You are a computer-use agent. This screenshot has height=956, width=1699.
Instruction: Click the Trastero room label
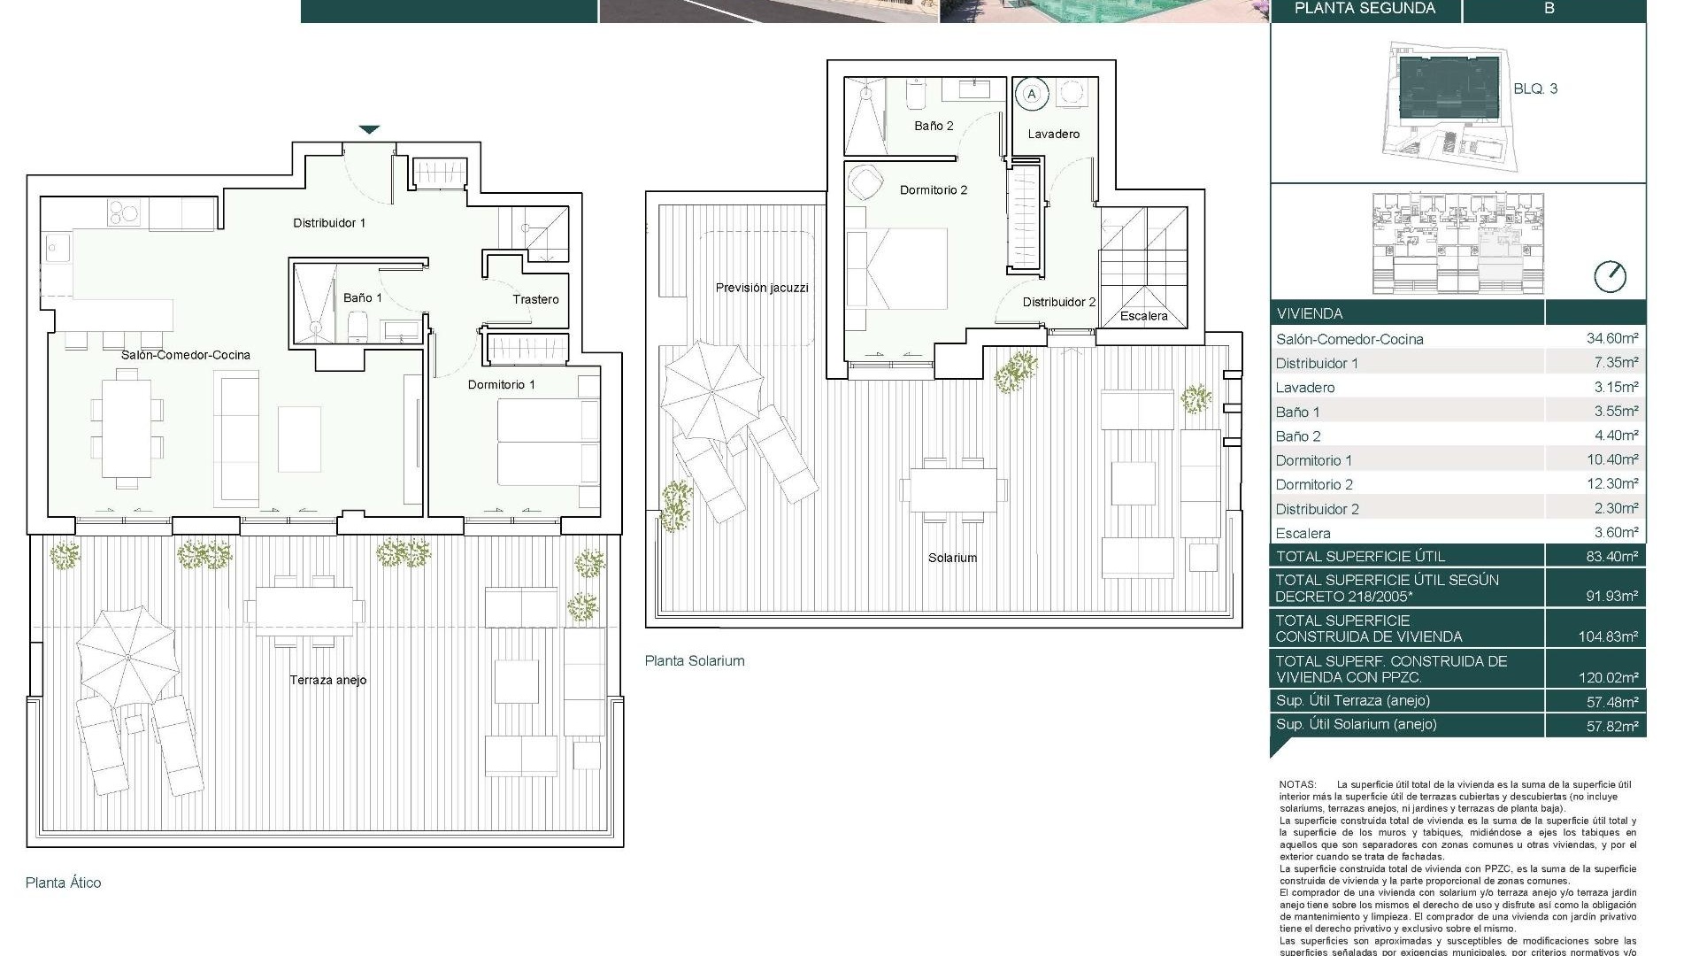click(x=535, y=299)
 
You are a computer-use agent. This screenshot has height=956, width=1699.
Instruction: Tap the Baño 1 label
click(x=363, y=297)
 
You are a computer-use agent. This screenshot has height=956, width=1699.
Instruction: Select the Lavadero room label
click(x=1053, y=134)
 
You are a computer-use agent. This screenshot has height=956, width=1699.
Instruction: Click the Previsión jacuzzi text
click(x=761, y=288)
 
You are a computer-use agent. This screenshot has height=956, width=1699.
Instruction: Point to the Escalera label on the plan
click(x=1143, y=315)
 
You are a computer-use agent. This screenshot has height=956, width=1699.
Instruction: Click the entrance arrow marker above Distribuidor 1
click(x=370, y=130)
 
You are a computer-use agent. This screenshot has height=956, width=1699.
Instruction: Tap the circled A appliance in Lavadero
click(x=1031, y=94)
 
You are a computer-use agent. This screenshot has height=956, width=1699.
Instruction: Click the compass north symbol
click(x=1610, y=277)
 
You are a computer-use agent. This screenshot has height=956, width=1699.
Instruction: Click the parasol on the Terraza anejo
click(x=127, y=656)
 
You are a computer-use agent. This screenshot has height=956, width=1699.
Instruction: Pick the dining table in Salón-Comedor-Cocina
click(x=127, y=428)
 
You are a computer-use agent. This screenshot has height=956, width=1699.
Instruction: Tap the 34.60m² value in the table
click(x=1611, y=338)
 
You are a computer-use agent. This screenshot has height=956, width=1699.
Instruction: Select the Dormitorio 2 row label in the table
click(x=1314, y=484)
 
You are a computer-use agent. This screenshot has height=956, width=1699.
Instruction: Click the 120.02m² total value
click(x=1608, y=678)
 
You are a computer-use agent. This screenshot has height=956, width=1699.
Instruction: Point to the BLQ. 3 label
click(x=1535, y=89)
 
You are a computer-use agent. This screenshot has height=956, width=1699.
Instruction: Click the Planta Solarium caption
click(x=694, y=660)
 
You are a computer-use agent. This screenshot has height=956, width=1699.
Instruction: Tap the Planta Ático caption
click(x=63, y=883)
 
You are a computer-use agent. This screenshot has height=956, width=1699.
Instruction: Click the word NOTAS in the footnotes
click(x=1297, y=784)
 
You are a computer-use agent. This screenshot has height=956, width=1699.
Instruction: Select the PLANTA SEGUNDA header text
click(x=1365, y=9)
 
